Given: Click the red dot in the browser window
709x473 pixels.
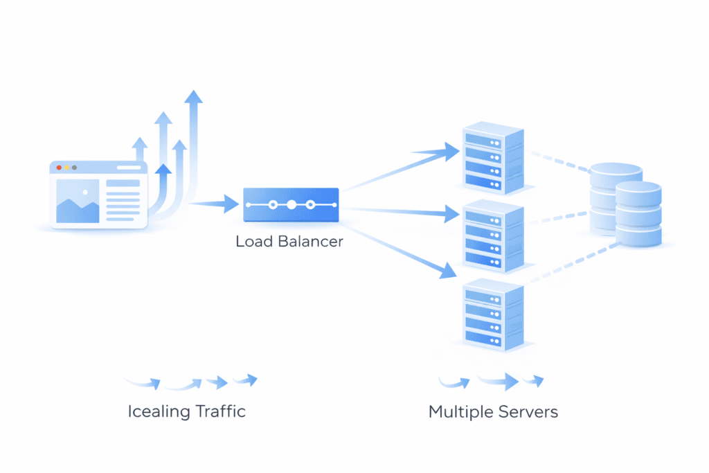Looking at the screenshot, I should tap(59, 168).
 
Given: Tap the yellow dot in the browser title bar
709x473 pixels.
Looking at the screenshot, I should tap(66, 168).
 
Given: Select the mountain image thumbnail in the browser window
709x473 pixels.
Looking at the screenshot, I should tap(77, 202).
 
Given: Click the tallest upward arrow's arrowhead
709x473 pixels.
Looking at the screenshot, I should tap(195, 96).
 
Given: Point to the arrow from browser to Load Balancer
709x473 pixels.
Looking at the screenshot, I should tap(215, 204).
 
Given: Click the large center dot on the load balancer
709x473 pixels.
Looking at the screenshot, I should tap(291, 205).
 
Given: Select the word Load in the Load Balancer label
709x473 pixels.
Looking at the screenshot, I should tap(253, 242).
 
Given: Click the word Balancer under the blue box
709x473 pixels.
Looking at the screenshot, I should tap(309, 242).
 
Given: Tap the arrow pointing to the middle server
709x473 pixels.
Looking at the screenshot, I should tap(402, 212).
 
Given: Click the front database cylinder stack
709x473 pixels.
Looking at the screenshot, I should tap(638, 214).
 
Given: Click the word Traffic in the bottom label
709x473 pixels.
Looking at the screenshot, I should tap(219, 411).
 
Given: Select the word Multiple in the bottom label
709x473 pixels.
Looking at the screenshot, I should tap(461, 412).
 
